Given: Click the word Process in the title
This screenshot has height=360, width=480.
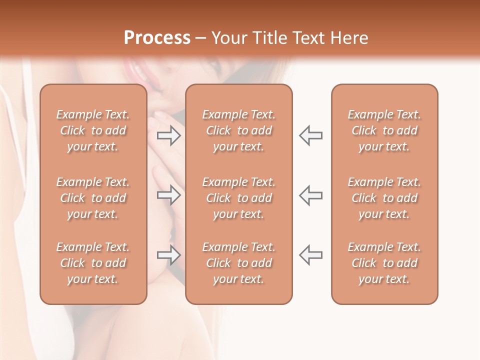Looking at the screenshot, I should (157, 38).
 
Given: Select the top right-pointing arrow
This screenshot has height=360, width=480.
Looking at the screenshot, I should (169, 135).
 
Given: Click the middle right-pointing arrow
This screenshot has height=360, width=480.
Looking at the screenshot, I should (169, 195).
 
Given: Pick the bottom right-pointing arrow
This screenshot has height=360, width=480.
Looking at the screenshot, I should (169, 255).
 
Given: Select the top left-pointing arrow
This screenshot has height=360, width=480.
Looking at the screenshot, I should (310, 135).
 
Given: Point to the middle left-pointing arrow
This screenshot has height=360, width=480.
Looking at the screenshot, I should (310, 195).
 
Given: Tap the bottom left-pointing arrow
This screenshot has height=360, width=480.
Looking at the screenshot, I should (310, 255).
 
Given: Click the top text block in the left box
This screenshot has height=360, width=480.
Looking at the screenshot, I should (93, 130).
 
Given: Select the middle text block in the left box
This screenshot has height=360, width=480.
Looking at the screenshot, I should (93, 198).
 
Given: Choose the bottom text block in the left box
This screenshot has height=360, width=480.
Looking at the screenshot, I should (93, 263).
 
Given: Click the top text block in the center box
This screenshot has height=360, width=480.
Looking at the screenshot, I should (239, 130).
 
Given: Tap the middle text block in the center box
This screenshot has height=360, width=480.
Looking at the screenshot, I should (239, 198).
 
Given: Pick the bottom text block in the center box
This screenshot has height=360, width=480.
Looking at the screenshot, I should (239, 263).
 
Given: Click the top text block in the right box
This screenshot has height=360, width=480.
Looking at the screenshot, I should (384, 130).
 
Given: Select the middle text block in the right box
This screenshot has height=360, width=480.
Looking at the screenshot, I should (384, 198).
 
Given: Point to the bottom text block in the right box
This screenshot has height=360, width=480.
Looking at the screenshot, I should (384, 263).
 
